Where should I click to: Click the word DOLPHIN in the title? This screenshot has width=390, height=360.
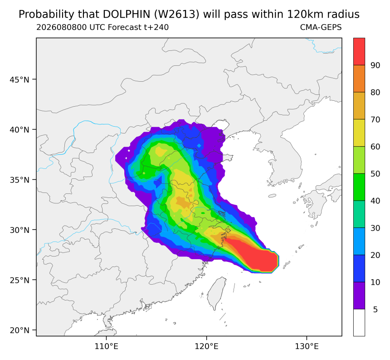tap(127, 15)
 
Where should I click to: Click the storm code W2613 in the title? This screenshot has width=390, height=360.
tap(176, 15)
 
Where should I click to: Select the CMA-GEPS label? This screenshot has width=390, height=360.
tap(321, 27)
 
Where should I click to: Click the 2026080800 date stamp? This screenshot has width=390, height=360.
tap(62, 27)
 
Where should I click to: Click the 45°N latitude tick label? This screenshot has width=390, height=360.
tap(19, 79)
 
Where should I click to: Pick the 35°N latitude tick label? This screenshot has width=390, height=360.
tap(19, 180)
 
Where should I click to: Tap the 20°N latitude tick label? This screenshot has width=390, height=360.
tap(19, 330)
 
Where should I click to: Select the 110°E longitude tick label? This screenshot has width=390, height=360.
tap(107, 346)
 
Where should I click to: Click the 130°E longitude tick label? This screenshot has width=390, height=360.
tap(307, 346)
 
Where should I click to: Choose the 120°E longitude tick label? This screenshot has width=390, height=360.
tap(207, 346)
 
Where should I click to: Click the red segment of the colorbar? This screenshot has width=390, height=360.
tap(359, 52)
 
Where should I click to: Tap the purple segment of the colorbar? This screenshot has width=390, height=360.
tap(359, 296)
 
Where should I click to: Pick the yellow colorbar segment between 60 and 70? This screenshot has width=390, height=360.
tap(359, 133)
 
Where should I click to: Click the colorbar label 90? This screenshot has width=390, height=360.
tap(375, 65)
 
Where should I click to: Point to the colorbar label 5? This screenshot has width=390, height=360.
tap(375, 310)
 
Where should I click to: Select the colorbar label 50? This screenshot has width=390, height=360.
tap(375, 174)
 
